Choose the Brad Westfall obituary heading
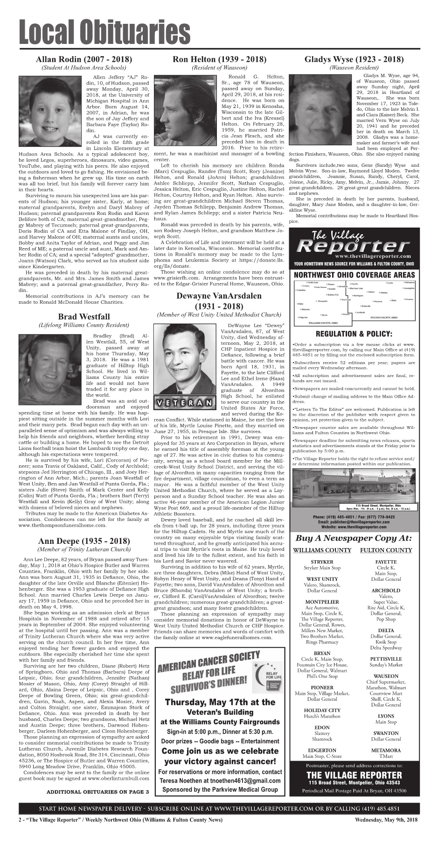(84, 317)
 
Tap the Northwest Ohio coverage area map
(355, 302)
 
